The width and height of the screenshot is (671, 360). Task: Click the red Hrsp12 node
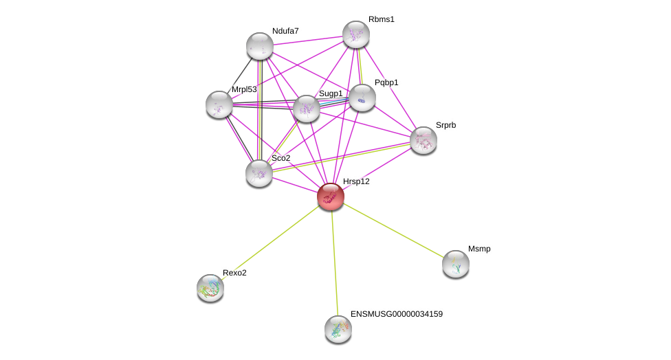331,196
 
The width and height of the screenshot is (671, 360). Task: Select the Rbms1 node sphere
356,34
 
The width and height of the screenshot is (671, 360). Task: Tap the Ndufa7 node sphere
260,46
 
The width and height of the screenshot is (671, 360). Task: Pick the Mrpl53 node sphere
219,104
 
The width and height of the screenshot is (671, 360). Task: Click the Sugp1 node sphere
307,109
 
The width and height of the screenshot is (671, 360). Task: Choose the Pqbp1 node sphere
362,98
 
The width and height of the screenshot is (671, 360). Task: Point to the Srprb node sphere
423,140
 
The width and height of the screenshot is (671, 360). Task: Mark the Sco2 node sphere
259,173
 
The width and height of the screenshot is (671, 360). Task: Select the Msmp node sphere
456,264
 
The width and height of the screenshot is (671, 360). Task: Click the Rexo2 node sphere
210,288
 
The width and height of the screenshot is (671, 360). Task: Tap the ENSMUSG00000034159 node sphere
338,329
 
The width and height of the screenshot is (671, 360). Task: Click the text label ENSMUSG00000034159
397,314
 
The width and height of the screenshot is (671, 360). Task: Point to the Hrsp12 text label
356,181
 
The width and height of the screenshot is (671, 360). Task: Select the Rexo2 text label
234,273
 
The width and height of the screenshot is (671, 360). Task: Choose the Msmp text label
479,249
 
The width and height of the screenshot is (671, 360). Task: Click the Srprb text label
445,125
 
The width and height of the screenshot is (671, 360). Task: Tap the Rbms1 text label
382,19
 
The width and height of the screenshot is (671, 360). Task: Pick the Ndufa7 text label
285,31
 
